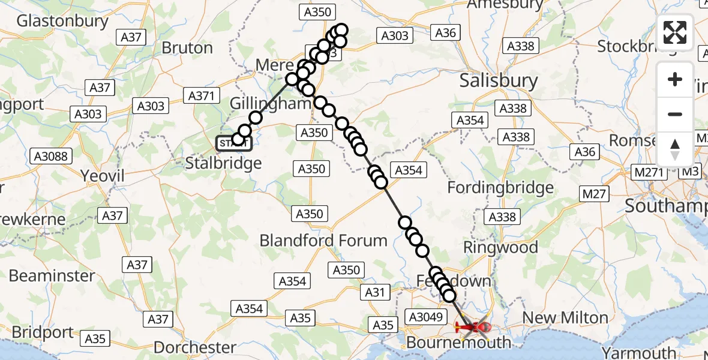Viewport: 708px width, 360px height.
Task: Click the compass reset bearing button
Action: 675,149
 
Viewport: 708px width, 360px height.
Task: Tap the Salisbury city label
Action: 498,81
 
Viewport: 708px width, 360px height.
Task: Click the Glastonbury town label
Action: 62,21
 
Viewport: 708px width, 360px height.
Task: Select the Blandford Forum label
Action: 323,241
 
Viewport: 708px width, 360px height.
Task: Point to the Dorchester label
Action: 195,347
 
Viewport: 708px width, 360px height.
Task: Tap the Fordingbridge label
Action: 500,188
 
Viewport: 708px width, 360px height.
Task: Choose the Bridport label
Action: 42,332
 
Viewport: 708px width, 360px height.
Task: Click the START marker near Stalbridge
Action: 230,143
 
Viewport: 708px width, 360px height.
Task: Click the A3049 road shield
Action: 425,316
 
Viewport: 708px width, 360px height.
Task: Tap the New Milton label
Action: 566,318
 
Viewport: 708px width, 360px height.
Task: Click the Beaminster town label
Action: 52,276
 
